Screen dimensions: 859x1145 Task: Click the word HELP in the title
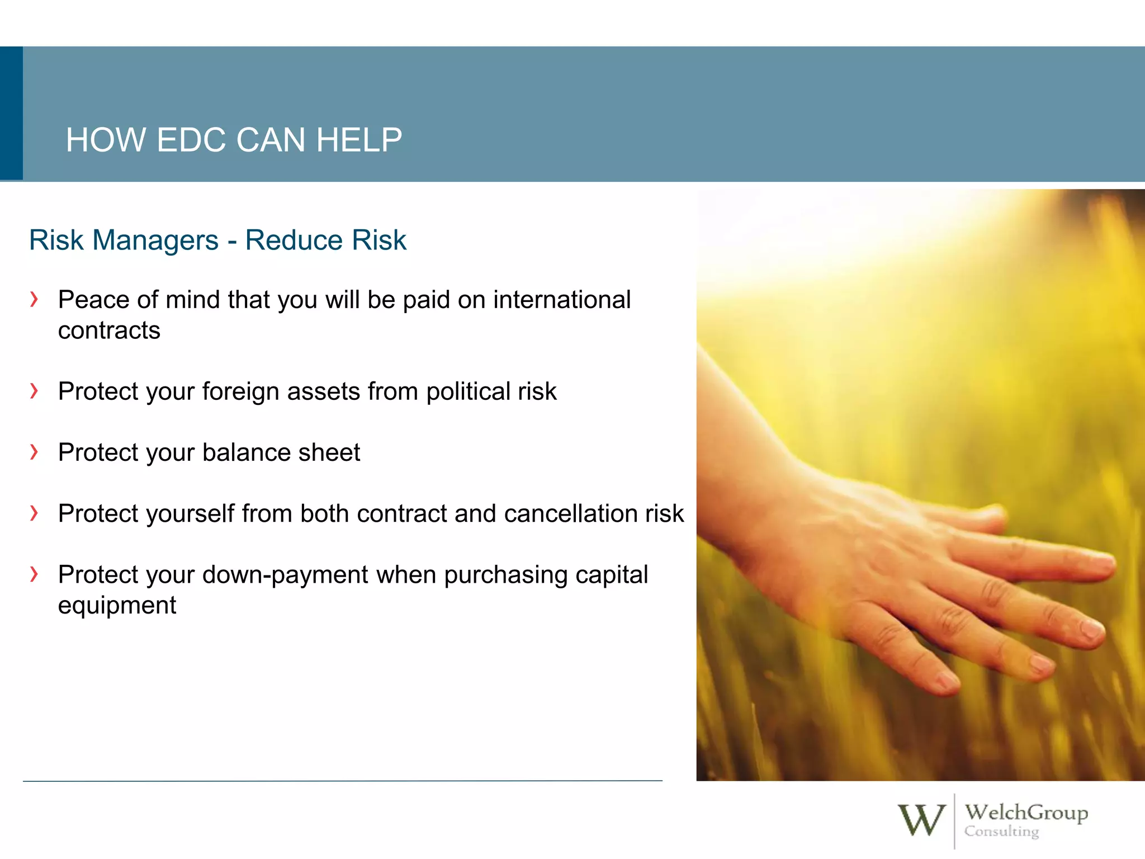click(x=359, y=140)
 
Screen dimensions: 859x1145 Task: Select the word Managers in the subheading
click(x=155, y=240)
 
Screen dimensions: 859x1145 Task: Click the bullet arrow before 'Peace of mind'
click(x=35, y=299)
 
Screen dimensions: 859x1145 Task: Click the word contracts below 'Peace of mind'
click(x=109, y=331)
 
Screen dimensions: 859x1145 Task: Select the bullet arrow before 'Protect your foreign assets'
click(x=35, y=390)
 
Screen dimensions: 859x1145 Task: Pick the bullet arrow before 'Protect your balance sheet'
click(x=35, y=451)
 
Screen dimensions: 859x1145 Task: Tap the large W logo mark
click(x=921, y=820)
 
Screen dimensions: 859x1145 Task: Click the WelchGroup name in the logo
click(x=1026, y=812)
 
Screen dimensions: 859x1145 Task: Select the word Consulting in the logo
click(x=1001, y=832)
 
